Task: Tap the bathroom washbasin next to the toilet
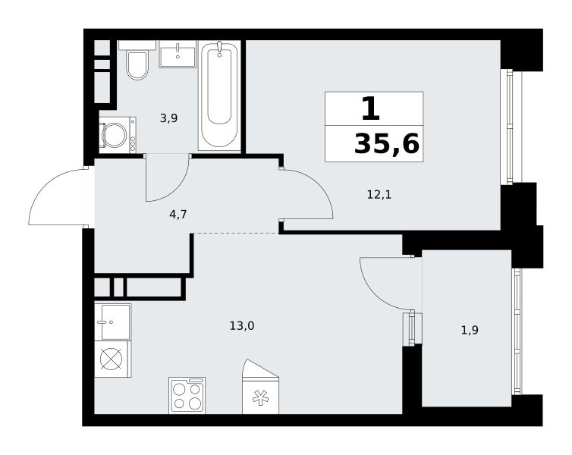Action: tap(178, 54)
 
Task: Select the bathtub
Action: tap(219, 96)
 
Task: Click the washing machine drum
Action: tap(115, 135)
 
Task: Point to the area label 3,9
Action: tap(168, 118)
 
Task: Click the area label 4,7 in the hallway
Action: tap(178, 215)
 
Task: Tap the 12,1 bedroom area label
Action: tap(379, 195)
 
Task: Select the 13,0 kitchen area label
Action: tap(242, 325)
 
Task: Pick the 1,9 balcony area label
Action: tap(470, 331)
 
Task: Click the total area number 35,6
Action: tap(387, 144)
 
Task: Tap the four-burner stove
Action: tap(187, 396)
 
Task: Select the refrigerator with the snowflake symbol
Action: tap(260, 387)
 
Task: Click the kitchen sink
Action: tap(113, 322)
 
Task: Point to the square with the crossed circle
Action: tap(113, 359)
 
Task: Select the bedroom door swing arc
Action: tap(320, 187)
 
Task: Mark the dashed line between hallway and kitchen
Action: tap(236, 233)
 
